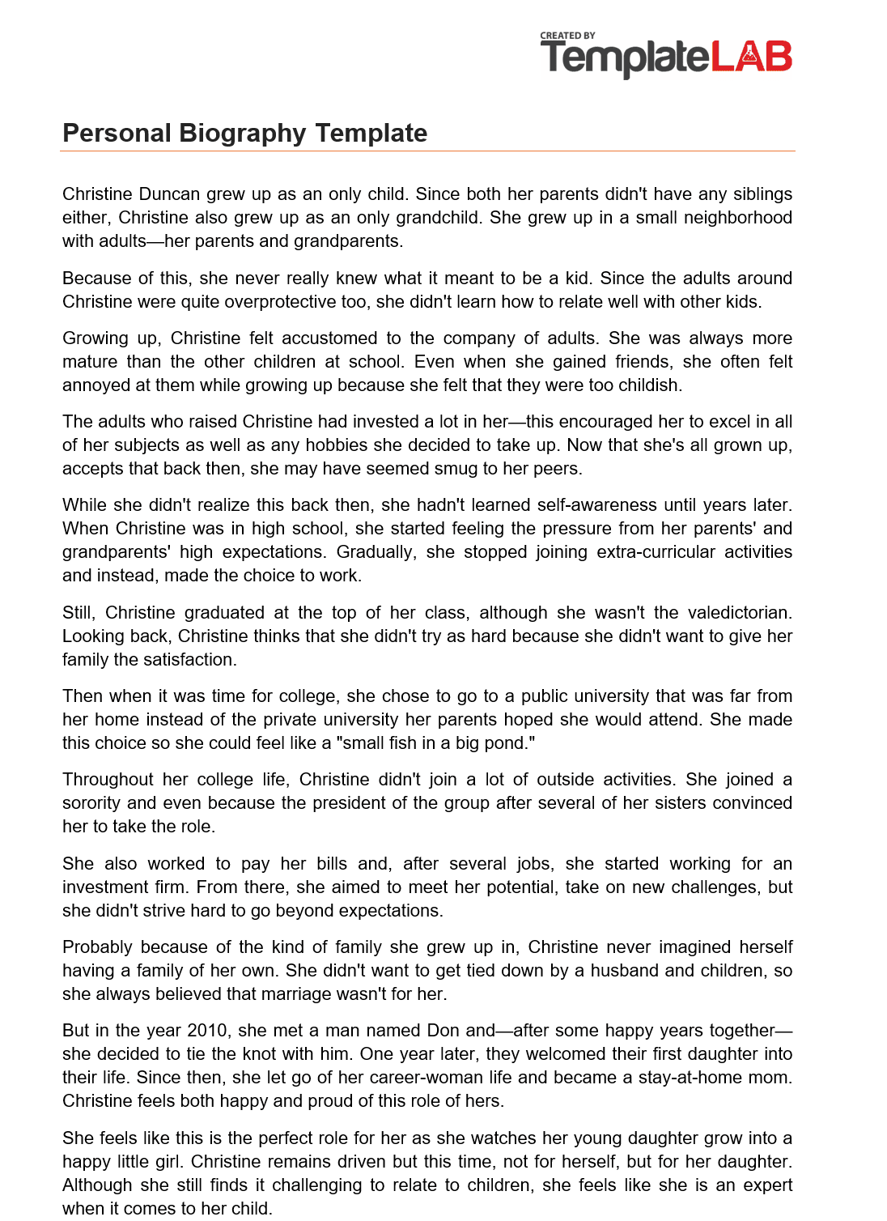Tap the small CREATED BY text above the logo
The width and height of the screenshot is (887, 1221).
pos(567,36)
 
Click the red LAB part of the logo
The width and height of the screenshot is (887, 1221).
pos(752,57)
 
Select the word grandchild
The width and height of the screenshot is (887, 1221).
pos(439,218)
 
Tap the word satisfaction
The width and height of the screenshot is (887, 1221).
pos(189,660)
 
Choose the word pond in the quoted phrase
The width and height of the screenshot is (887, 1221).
pos(510,743)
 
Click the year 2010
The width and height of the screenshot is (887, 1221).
pos(207,1031)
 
